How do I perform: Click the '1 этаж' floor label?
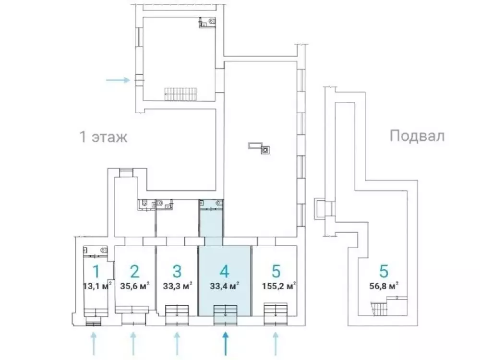tap(103, 137)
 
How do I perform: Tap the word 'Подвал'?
tap(417, 136)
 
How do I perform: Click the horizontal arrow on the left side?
tap(118, 80)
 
